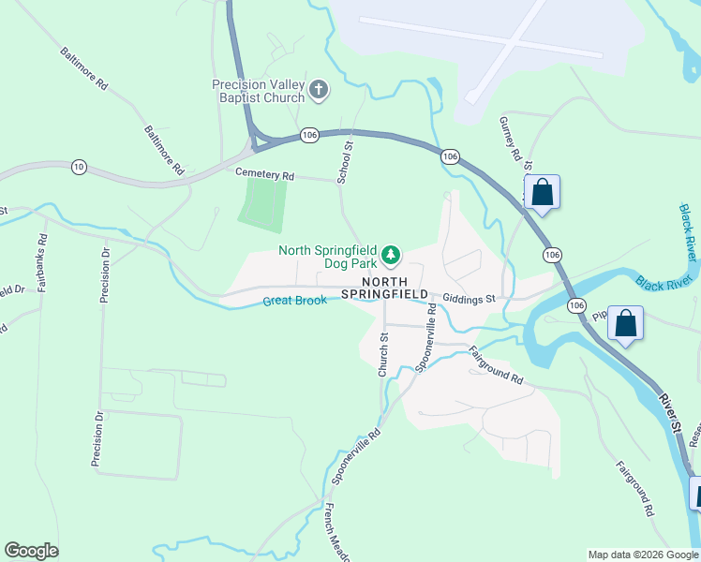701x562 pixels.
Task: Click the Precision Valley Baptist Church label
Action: pyautogui.click(x=258, y=91)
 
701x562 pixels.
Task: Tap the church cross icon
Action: pyautogui.click(x=319, y=91)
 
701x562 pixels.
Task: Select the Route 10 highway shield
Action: pyautogui.click(x=79, y=167)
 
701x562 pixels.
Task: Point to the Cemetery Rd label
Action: pyautogui.click(x=264, y=175)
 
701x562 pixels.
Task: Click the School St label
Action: pyautogui.click(x=344, y=160)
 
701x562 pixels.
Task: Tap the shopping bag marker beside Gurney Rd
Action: pyautogui.click(x=542, y=193)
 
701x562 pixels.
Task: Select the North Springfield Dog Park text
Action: pyautogui.click(x=327, y=258)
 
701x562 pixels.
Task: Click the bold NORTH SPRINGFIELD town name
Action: pyautogui.click(x=384, y=288)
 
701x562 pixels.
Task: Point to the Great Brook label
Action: pyautogui.click(x=294, y=301)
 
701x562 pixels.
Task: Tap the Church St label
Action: pyautogui.click(x=383, y=355)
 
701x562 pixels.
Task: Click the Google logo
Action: pyautogui.click(x=31, y=551)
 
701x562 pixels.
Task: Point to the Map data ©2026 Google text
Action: pyautogui.click(x=643, y=555)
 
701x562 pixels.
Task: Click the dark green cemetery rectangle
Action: pyautogui.click(x=263, y=203)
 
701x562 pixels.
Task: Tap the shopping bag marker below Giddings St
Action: pyautogui.click(x=625, y=324)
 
